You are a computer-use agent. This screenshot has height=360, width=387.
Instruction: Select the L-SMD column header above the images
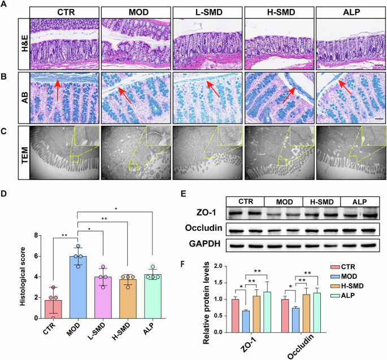tap(206, 11)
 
